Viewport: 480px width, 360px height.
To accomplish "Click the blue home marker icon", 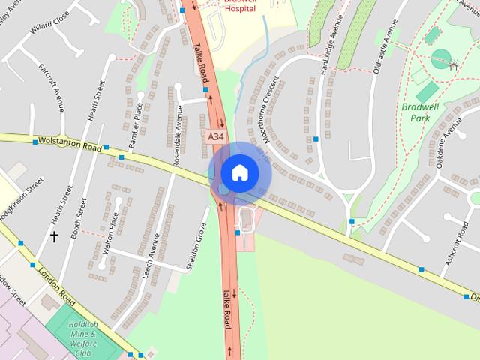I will point(239,172).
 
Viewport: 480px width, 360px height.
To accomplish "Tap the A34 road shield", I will point(215,136).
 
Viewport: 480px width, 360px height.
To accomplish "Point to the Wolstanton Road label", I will point(69,143).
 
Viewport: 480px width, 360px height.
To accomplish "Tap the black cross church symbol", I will point(54,236).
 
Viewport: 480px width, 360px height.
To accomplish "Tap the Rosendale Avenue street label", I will point(178,126).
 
